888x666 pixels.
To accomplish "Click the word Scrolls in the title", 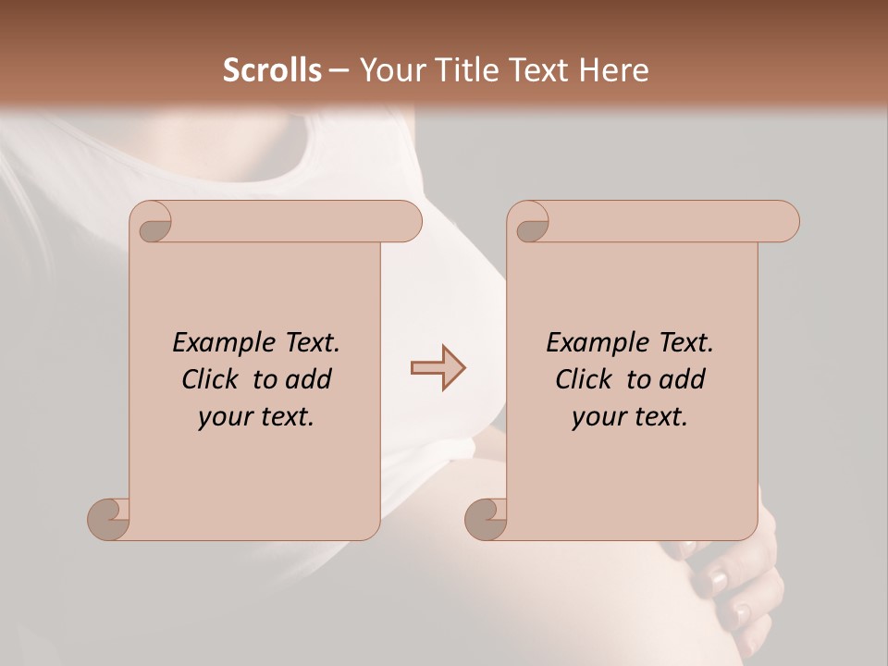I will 272,70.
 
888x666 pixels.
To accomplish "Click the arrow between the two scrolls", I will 438,368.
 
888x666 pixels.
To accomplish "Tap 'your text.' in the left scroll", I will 256,417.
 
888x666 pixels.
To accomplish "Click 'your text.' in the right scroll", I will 630,417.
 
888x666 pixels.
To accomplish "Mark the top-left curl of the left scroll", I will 153,223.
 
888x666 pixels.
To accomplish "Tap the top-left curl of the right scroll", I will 530,223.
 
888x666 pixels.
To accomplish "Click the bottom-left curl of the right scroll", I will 487,520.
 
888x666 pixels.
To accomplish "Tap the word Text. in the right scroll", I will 680,343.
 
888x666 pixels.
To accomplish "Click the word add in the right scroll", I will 683,379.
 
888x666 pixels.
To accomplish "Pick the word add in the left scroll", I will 309,379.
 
